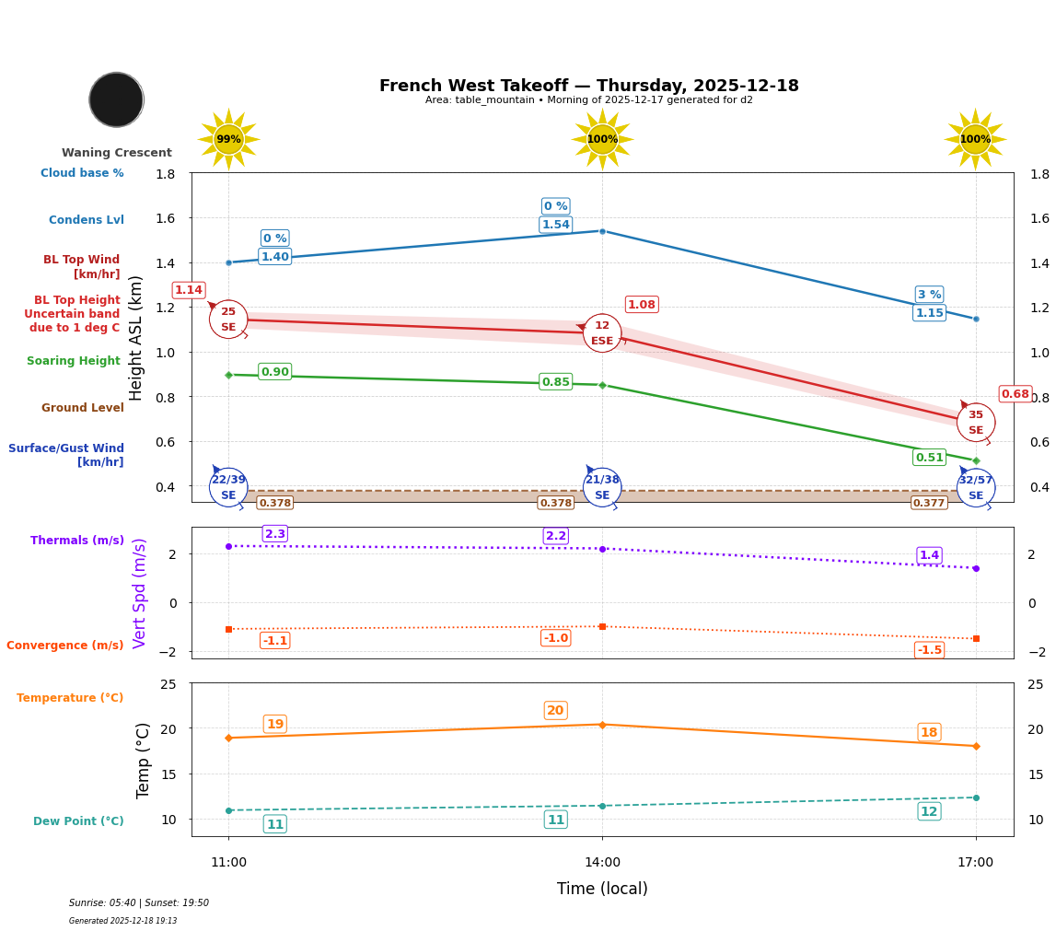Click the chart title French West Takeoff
tap(588, 86)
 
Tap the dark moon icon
tap(116, 99)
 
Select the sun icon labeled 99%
tap(228, 139)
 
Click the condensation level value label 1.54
tap(555, 225)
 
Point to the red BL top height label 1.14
tap(188, 290)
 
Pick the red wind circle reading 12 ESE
tap(602, 333)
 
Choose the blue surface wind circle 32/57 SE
tap(975, 488)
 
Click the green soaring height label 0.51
tap(929, 458)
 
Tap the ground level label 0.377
tap(928, 503)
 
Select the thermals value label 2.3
tap(274, 534)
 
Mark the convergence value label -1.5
tap(929, 650)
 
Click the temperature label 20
tap(555, 711)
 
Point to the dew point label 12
tap(929, 811)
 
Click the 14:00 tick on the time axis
tap(602, 863)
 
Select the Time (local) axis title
tap(602, 889)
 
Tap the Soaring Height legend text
tap(74, 361)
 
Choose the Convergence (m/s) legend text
tap(65, 646)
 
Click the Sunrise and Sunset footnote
tap(139, 903)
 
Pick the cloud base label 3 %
tap(929, 295)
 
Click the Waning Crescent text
tap(116, 153)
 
